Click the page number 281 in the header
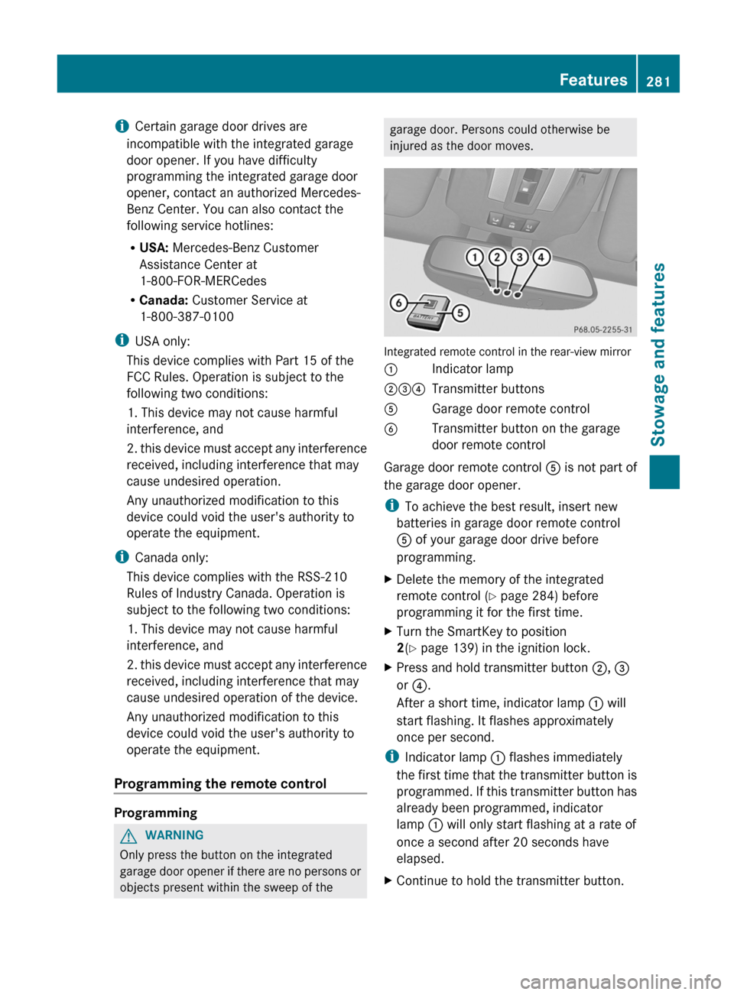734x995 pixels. click(x=658, y=81)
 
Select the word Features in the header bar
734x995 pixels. click(x=593, y=79)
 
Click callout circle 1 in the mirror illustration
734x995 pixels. click(x=475, y=257)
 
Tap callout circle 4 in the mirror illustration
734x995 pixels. click(x=541, y=257)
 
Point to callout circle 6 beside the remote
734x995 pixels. click(x=398, y=303)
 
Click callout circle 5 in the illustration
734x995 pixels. click(x=460, y=313)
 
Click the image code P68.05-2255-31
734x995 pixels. click(x=602, y=329)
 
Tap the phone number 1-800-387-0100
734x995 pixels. click(x=187, y=316)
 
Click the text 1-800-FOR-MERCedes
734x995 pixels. click(x=203, y=280)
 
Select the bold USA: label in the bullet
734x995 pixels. click(x=154, y=248)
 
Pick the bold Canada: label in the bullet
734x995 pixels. click(x=164, y=300)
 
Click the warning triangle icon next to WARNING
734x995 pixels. click(x=128, y=835)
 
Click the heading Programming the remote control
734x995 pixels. click(x=220, y=783)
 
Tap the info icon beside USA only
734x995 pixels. click(x=121, y=341)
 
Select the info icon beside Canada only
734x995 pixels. click(x=121, y=557)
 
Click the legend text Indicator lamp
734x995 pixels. click(x=473, y=369)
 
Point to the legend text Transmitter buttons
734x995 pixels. click(x=488, y=389)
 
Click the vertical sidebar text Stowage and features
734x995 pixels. click(x=658, y=354)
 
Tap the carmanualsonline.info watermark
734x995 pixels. click(x=620, y=980)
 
